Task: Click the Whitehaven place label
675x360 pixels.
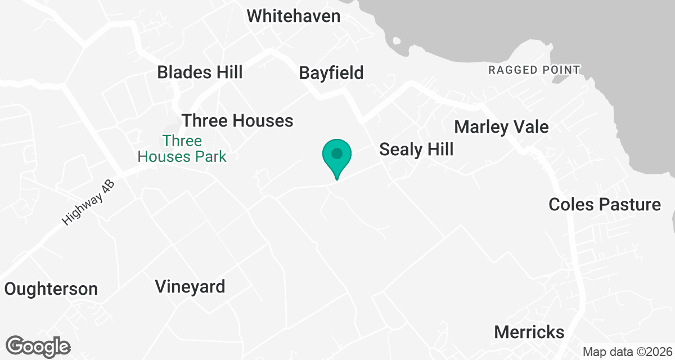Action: point(294,16)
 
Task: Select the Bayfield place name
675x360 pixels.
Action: point(331,73)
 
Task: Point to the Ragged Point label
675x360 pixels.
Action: point(534,70)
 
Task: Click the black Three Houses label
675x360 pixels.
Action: point(237,120)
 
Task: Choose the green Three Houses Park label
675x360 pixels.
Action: point(182,148)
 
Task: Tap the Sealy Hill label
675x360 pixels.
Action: point(416,149)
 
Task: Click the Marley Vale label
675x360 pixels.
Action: point(501,127)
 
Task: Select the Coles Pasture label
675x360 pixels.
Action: point(605,204)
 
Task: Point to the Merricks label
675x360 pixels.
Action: point(529,331)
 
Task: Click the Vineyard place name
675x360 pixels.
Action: point(190,287)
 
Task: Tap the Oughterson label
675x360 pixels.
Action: point(51,289)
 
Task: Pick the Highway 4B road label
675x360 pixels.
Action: point(88,204)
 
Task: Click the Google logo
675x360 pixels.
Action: point(38,346)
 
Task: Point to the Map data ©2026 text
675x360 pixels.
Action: point(627,352)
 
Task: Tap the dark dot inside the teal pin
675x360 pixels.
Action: point(337,153)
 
